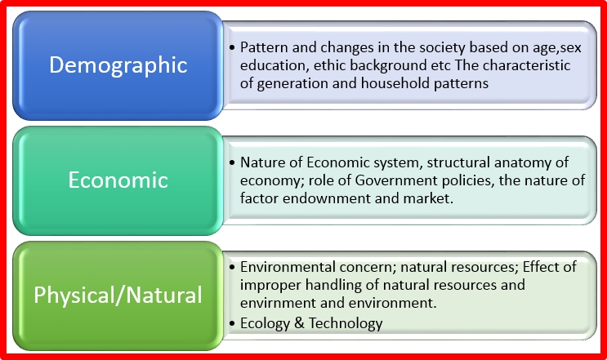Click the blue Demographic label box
118,65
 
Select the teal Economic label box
118,180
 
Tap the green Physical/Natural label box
118,294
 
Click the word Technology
345,323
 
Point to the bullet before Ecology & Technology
233,323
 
